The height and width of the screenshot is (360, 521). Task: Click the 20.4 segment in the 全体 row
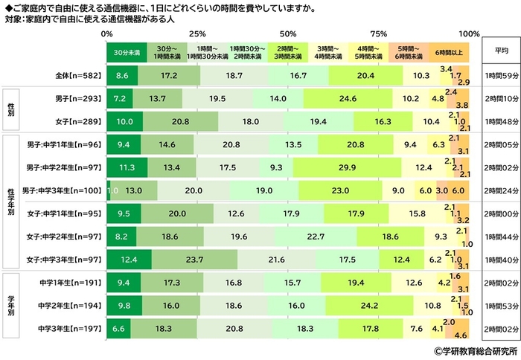point(365,76)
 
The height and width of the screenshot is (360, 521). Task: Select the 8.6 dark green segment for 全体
point(122,76)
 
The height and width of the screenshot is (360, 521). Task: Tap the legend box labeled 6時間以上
point(449,52)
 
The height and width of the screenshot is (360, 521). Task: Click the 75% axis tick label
point(379,34)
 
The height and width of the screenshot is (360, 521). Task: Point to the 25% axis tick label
point(197,34)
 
